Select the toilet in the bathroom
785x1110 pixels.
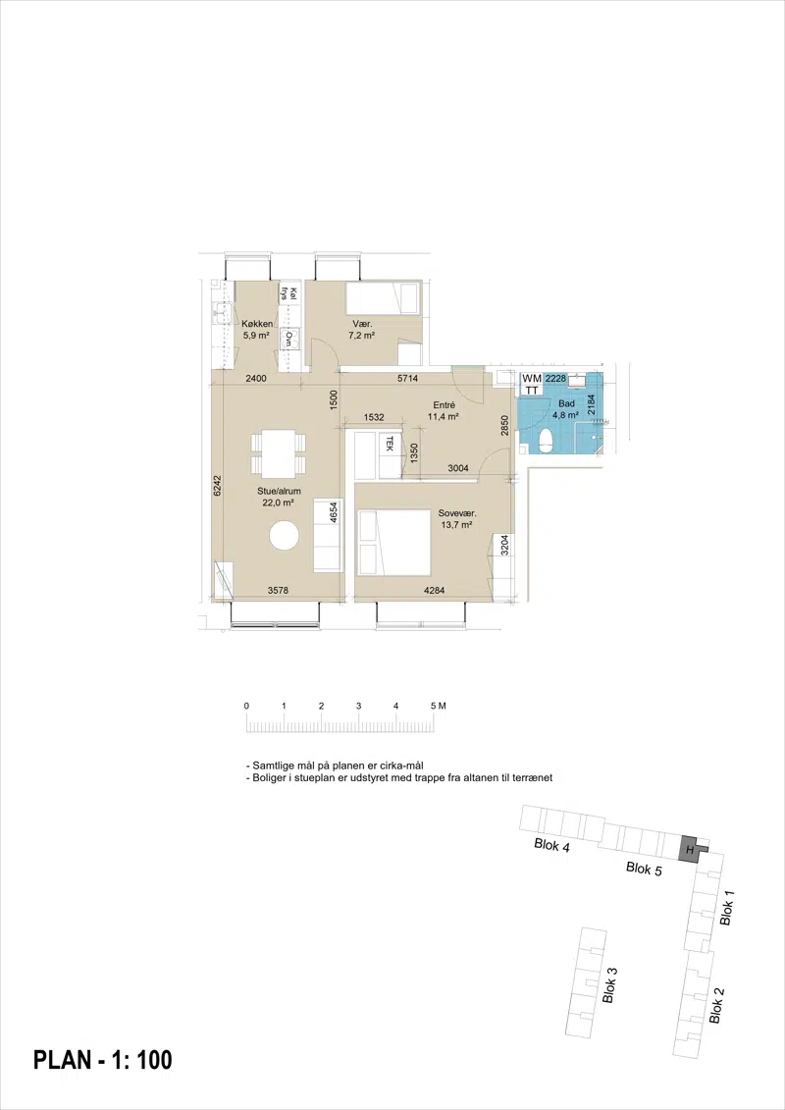pos(545,440)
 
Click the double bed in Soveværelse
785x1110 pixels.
pos(395,543)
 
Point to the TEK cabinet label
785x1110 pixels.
pos(389,444)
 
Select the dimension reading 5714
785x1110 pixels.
pos(407,379)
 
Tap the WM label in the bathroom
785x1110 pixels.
pos(532,379)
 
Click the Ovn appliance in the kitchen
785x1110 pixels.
pos(288,340)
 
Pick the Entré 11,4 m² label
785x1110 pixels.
pos(444,411)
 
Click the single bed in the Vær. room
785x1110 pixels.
pos(383,297)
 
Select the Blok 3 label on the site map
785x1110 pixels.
pos(608,984)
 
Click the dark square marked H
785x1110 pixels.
pos(687,848)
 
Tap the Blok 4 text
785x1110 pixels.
pos(552,845)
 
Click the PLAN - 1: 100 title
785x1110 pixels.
pos(103,1060)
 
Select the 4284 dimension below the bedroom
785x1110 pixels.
pos(433,590)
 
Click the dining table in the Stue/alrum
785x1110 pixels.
pos(279,453)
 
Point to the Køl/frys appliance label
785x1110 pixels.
pos(288,293)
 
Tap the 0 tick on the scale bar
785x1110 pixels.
pos(246,706)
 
